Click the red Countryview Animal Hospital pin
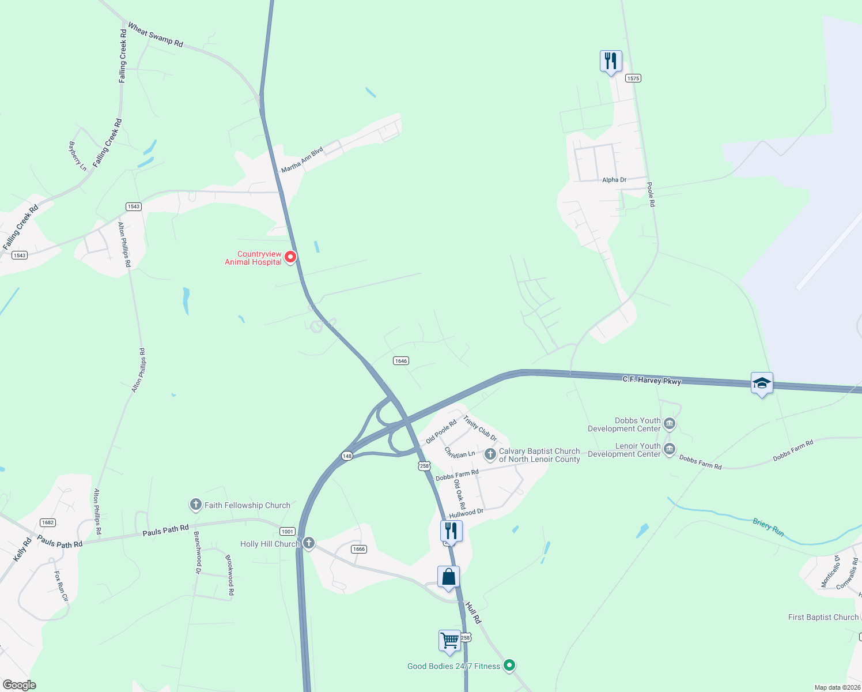click(x=291, y=257)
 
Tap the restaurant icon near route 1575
click(x=611, y=61)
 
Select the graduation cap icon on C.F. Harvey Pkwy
click(x=762, y=383)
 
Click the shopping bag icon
click(x=448, y=577)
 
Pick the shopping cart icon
click(x=449, y=640)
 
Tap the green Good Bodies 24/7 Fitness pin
click(x=509, y=665)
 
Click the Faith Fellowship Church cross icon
click(x=196, y=505)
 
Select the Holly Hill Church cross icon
click(x=309, y=543)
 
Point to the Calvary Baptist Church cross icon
click(x=490, y=454)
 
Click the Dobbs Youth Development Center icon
click(x=670, y=424)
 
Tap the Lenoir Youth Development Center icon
click(x=670, y=449)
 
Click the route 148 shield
click(x=347, y=456)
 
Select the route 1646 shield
click(x=401, y=361)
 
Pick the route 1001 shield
click(x=287, y=531)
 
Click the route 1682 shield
click(x=48, y=522)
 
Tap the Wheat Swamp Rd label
click(x=155, y=35)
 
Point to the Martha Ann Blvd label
click(x=302, y=159)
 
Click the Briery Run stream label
click(x=768, y=527)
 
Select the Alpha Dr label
click(x=614, y=180)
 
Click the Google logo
click(x=20, y=685)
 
